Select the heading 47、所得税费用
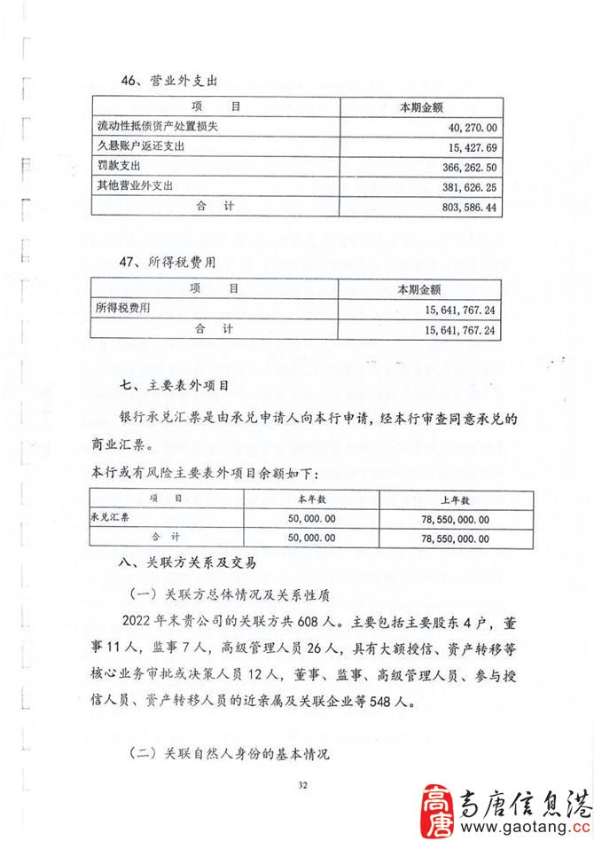point(168,262)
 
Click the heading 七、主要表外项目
point(175,386)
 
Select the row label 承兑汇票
point(110,518)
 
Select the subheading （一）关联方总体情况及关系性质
point(220,593)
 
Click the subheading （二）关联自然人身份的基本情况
point(230,754)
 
